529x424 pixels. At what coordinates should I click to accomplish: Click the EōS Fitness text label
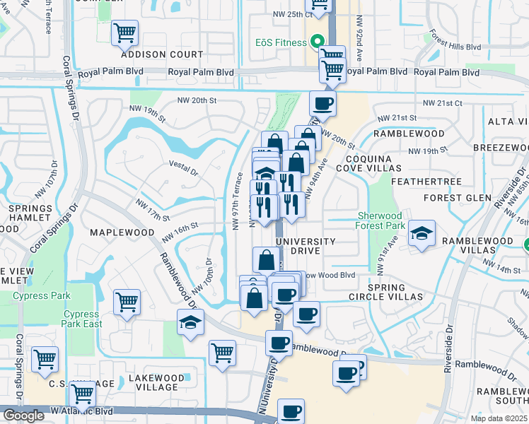(x=281, y=42)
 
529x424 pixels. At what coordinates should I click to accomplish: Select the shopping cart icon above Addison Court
(x=125, y=32)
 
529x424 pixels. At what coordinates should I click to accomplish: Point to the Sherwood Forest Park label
(x=380, y=220)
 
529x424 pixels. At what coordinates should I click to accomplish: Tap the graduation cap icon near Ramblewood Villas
(x=421, y=235)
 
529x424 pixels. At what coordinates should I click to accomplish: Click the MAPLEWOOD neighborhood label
(x=122, y=232)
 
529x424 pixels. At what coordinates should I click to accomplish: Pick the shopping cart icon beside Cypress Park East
(x=127, y=302)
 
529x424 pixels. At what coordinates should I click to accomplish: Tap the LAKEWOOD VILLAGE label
(x=153, y=382)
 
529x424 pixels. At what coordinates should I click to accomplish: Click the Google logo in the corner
(x=23, y=416)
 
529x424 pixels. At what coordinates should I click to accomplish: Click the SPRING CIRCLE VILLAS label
(x=386, y=292)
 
